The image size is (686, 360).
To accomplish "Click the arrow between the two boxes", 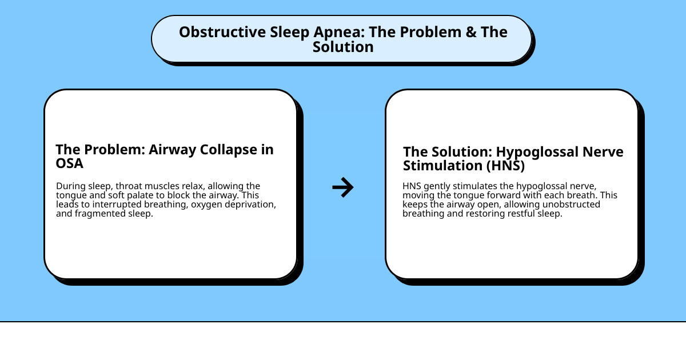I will [x=343, y=187].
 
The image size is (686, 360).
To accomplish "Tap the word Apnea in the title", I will [x=340, y=32].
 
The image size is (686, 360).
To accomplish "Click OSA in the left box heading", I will [x=69, y=164].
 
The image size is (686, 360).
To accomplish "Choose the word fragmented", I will [x=101, y=214].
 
